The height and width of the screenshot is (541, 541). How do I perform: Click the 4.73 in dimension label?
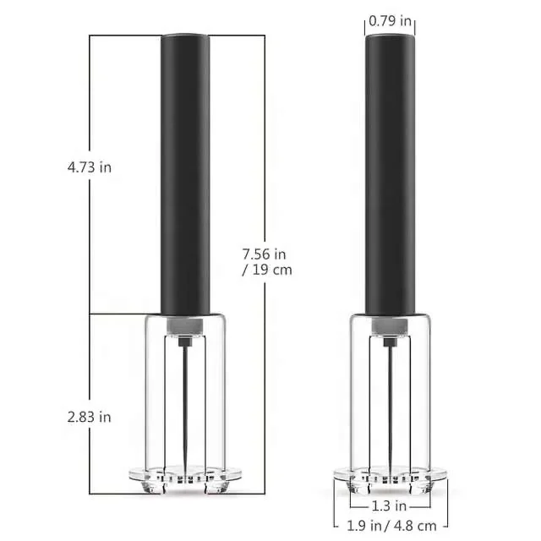coord(90,167)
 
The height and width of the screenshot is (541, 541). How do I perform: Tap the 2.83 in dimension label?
coord(90,417)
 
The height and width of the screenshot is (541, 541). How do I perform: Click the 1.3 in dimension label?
coord(390,505)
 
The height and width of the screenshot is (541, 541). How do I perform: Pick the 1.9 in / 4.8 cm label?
coord(390,524)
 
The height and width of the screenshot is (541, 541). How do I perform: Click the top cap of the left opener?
coord(185,39)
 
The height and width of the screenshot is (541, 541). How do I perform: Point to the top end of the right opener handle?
coord(390,39)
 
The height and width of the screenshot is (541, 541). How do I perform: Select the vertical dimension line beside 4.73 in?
coord(91,101)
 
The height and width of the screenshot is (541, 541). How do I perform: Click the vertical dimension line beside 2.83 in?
coord(91,363)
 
